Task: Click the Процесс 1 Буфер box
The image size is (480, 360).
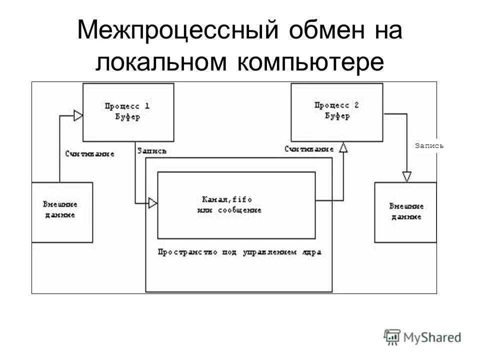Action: click(128, 112)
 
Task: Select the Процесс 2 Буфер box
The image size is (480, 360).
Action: click(337, 112)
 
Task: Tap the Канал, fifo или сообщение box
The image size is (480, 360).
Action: click(236, 205)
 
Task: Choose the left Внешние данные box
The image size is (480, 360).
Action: click(61, 212)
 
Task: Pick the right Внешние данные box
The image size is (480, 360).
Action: click(405, 212)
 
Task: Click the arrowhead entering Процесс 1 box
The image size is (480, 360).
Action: click(78, 115)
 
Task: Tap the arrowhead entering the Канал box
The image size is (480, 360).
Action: click(153, 203)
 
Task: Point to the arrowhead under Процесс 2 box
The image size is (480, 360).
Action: click(343, 147)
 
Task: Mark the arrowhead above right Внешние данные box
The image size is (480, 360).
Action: click(406, 176)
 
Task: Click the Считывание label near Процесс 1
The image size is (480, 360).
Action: click(89, 154)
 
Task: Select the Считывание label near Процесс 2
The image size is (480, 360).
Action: click(309, 149)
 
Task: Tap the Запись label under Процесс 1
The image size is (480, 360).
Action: click(151, 150)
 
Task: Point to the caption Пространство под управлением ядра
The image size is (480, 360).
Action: click(239, 252)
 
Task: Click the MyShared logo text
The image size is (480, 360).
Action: click(432, 337)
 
